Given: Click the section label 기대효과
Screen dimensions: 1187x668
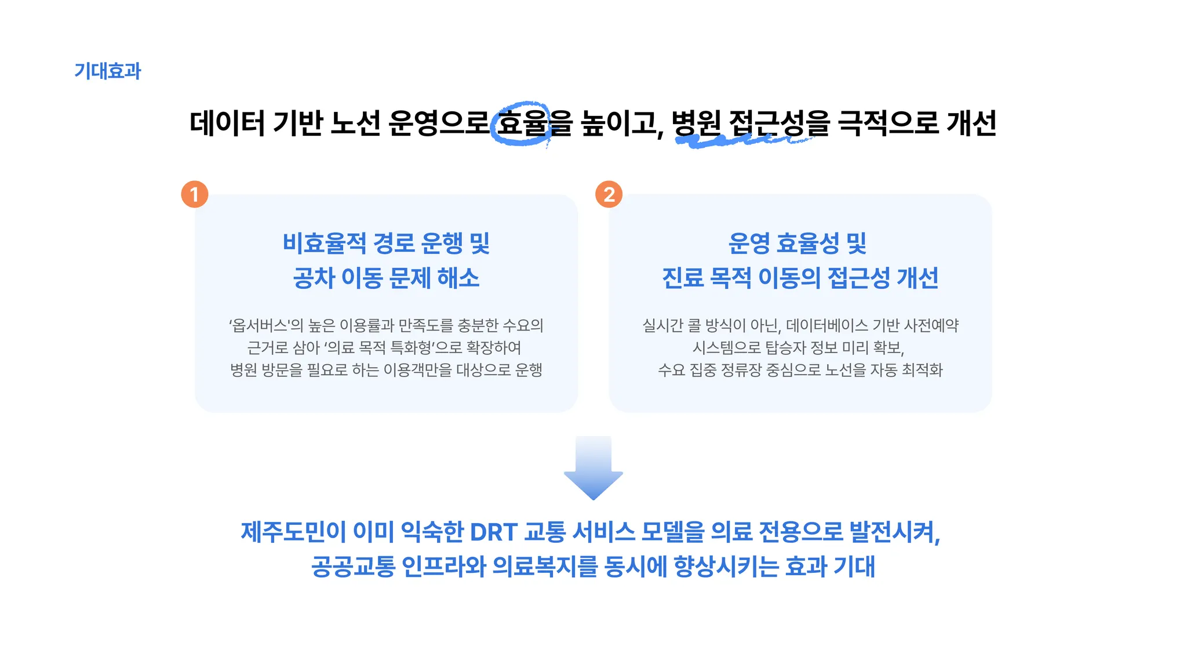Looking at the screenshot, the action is [x=108, y=71].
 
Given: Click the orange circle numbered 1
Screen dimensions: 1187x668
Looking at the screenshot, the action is [x=195, y=194].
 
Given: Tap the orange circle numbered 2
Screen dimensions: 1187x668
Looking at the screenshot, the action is [x=609, y=194].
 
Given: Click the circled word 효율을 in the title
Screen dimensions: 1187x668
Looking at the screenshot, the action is [x=533, y=123].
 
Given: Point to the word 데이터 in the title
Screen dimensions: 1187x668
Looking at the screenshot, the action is [x=227, y=123].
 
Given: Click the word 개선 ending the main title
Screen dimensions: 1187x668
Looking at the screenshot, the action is [x=971, y=123].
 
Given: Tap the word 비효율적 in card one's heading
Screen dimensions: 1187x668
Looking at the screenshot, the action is [x=325, y=244].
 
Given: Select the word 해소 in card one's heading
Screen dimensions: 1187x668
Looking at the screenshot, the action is [x=458, y=278].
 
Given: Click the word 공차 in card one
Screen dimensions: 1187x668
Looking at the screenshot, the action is [x=314, y=278].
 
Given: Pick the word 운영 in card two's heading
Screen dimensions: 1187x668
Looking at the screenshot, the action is [x=749, y=244].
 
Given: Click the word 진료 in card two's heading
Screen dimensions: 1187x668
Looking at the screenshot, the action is [x=683, y=278].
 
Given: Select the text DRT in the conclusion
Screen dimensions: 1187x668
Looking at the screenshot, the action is [x=493, y=532].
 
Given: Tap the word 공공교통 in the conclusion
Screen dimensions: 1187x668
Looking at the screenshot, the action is [x=353, y=567].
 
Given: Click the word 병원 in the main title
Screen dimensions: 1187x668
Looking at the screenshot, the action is [x=696, y=123].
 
